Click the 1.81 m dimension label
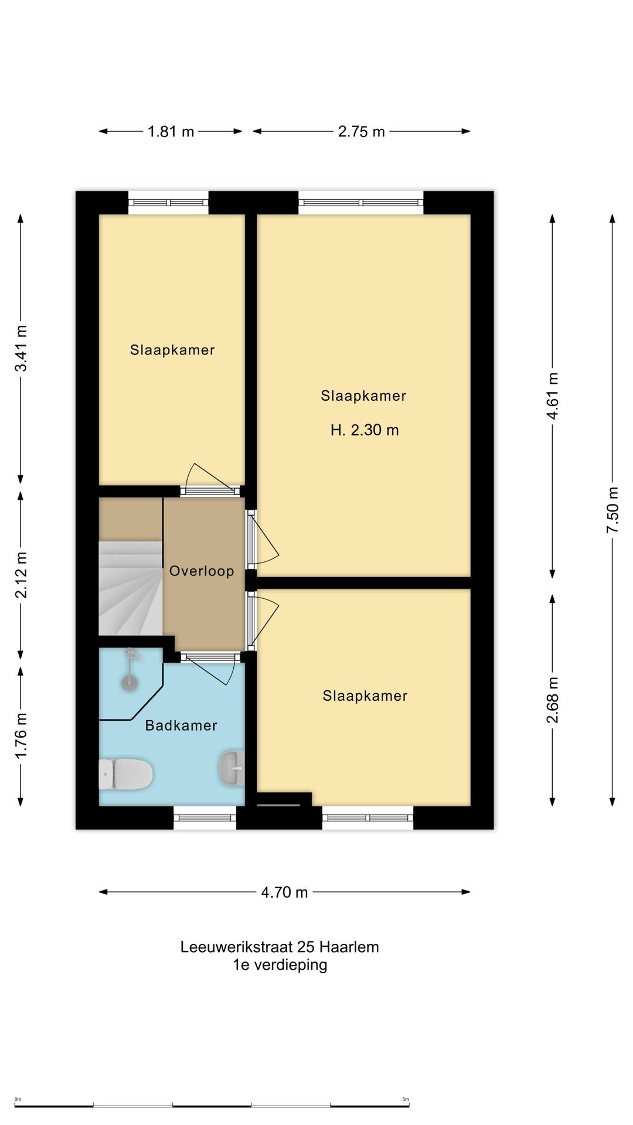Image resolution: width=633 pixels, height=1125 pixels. tap(171, 131)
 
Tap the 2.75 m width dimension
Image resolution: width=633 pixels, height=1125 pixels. tap(361, 131)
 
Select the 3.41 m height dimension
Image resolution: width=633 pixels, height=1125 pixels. tap(21, 348)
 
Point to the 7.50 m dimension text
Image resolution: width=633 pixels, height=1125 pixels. tap(612, 510)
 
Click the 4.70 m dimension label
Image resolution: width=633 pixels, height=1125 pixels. tap(284, 892)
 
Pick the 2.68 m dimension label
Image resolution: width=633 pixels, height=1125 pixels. tap(553, 700)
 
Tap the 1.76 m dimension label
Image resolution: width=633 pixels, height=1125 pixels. tap(21, 735)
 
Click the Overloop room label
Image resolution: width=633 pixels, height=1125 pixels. tap(202, 571)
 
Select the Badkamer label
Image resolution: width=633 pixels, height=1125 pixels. tap(181, 725)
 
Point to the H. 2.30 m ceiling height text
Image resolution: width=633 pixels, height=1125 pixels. tap(365, 430)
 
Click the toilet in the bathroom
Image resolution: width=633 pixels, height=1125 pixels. tap(125, 774)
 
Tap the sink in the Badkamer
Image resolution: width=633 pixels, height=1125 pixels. tap(232, 768)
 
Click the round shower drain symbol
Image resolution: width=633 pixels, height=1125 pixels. tap(129, 683)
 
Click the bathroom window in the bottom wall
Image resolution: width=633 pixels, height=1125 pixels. tap(205, 817)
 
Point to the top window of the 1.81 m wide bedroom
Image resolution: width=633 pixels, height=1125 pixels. tap(168, 203)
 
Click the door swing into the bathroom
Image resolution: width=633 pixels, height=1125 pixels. tap(211, 669)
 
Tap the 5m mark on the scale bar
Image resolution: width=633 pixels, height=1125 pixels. tap(406, 1099)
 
